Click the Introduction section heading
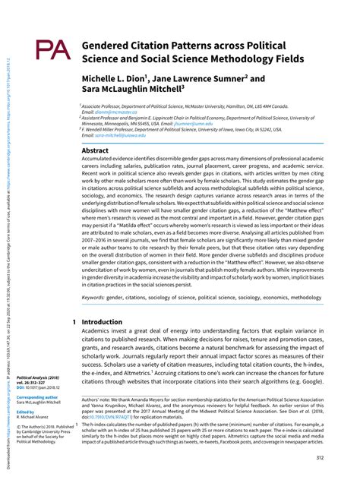[102, 322]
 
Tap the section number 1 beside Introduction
[74, 322]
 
